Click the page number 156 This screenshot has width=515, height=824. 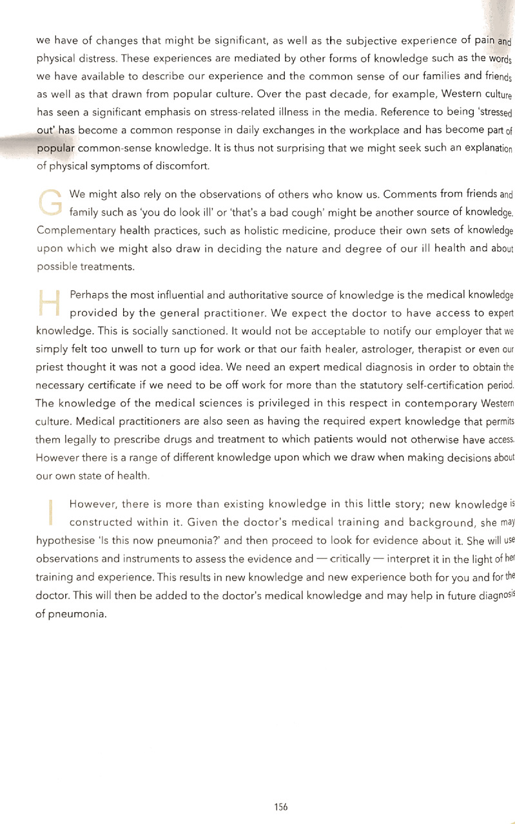280,806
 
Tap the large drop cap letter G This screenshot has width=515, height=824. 50,200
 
